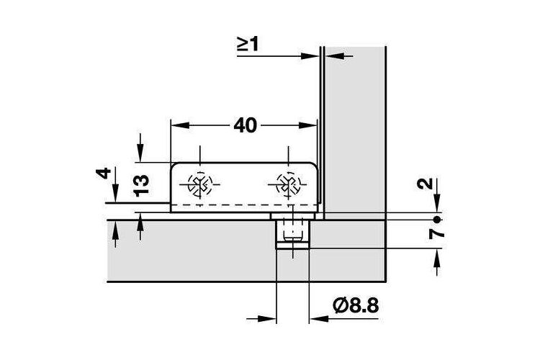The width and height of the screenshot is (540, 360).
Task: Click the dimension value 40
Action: tap(246, 125)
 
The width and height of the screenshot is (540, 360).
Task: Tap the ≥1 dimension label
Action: tap(248, 45)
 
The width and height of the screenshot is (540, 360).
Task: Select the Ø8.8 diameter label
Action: tap(356, 305)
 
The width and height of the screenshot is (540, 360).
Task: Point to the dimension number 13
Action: tap(142, 186)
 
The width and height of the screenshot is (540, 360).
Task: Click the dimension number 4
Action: tap(104, 173)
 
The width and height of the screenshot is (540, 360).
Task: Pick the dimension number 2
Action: tap(425, 184)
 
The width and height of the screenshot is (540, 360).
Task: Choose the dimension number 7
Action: tap(437, 234)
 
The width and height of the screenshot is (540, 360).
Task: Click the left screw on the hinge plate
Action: tap(199, 184)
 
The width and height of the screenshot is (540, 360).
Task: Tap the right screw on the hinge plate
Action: tap(289, 184)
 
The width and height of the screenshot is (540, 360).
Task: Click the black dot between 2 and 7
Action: tap(437, 219)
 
